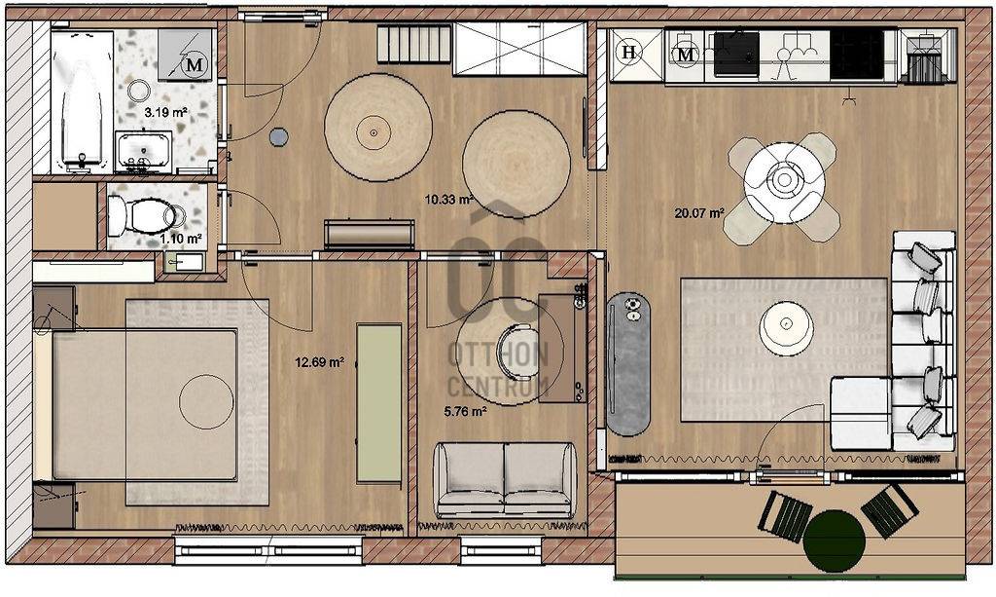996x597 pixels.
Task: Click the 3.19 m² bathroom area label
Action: point(165,113)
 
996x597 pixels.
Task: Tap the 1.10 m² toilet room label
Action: point(181,239)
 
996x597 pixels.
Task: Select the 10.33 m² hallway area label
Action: point(448,200)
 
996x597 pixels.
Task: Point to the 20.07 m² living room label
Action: point(699,213)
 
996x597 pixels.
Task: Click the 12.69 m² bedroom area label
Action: point(319,363)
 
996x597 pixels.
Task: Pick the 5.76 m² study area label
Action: point(466,412)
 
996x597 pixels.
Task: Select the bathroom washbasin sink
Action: point(144,151)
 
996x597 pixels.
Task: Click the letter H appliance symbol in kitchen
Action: point(629,53)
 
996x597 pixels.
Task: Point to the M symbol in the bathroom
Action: point(195,64)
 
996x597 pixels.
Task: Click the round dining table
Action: point(785,182)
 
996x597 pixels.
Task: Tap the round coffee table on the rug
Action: point(786,327)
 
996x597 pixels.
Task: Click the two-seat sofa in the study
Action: point(506,479)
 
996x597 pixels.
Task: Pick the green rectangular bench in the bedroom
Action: point(378,404)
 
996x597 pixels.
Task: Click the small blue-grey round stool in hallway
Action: point(278,136)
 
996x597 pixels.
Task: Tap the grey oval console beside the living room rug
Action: point(628,363)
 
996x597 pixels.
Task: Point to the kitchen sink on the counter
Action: point(737,54)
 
